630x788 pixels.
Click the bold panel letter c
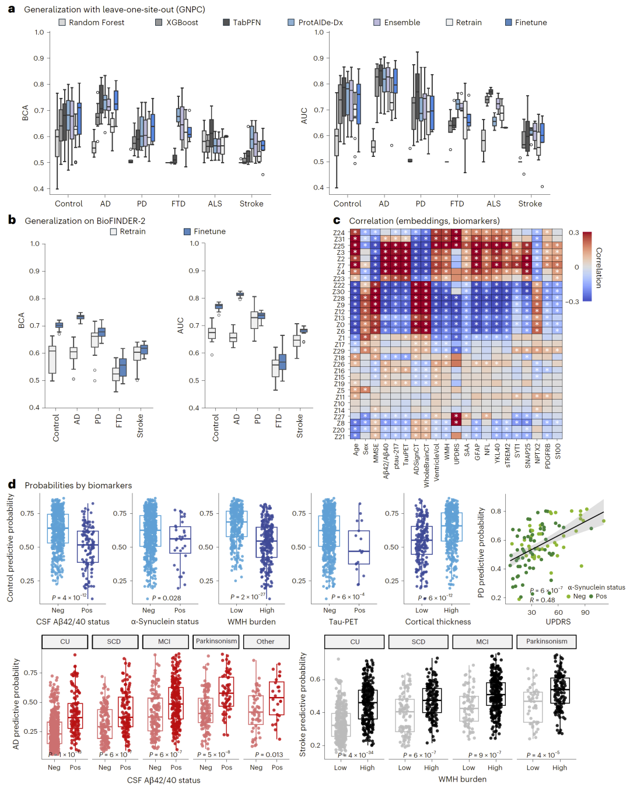coord(337,220)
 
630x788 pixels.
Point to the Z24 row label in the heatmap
coord(339,233)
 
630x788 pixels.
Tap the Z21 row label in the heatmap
coord(339,436)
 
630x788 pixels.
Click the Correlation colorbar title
coord(598,267)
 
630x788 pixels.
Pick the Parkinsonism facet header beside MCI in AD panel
coord(216,641)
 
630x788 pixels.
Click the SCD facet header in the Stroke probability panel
coord(418,642)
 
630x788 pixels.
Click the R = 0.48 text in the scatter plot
coord(542,600)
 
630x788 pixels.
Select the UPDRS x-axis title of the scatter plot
coord(558,622)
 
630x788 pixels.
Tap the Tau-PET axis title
coord(343,622)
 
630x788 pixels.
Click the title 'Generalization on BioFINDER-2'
coord(85,221)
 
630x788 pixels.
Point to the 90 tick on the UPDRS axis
coord(585,612)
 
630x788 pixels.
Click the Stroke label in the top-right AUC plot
coord(530,204)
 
